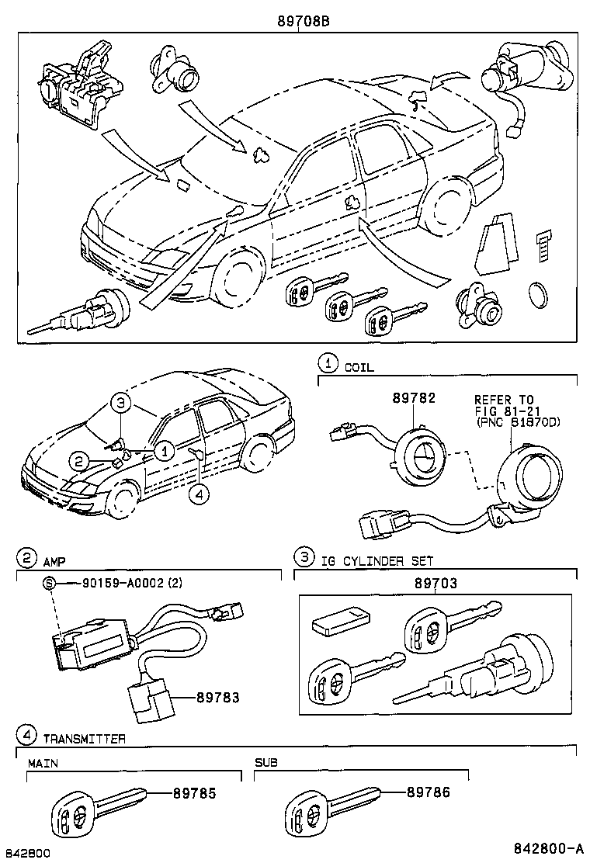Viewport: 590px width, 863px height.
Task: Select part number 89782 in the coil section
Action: coord(414,398)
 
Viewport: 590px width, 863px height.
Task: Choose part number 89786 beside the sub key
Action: coord(428,792)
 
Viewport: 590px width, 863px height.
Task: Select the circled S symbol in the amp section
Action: coord(48,584)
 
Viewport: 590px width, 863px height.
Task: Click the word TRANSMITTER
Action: coord(85,739)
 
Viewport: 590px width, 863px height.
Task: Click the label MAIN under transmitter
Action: coord(43,763)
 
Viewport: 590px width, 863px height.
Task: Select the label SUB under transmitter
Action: coord(265,763)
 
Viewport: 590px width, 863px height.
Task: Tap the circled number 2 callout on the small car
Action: coord(78,461)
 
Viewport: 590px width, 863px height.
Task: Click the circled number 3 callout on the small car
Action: coord(120,403)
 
